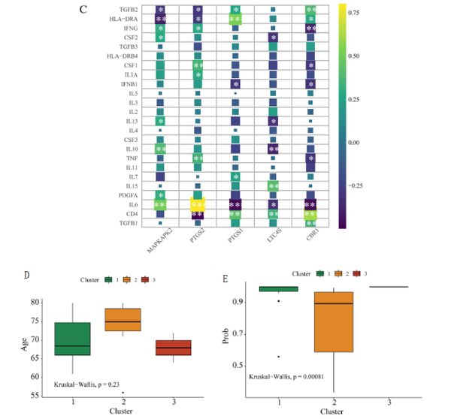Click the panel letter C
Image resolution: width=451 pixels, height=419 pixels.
click(x=127, y=9)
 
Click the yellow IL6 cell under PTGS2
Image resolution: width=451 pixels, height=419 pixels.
click(x=198, y=204)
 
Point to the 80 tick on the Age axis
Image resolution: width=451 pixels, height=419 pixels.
click(x=33, y=302)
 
